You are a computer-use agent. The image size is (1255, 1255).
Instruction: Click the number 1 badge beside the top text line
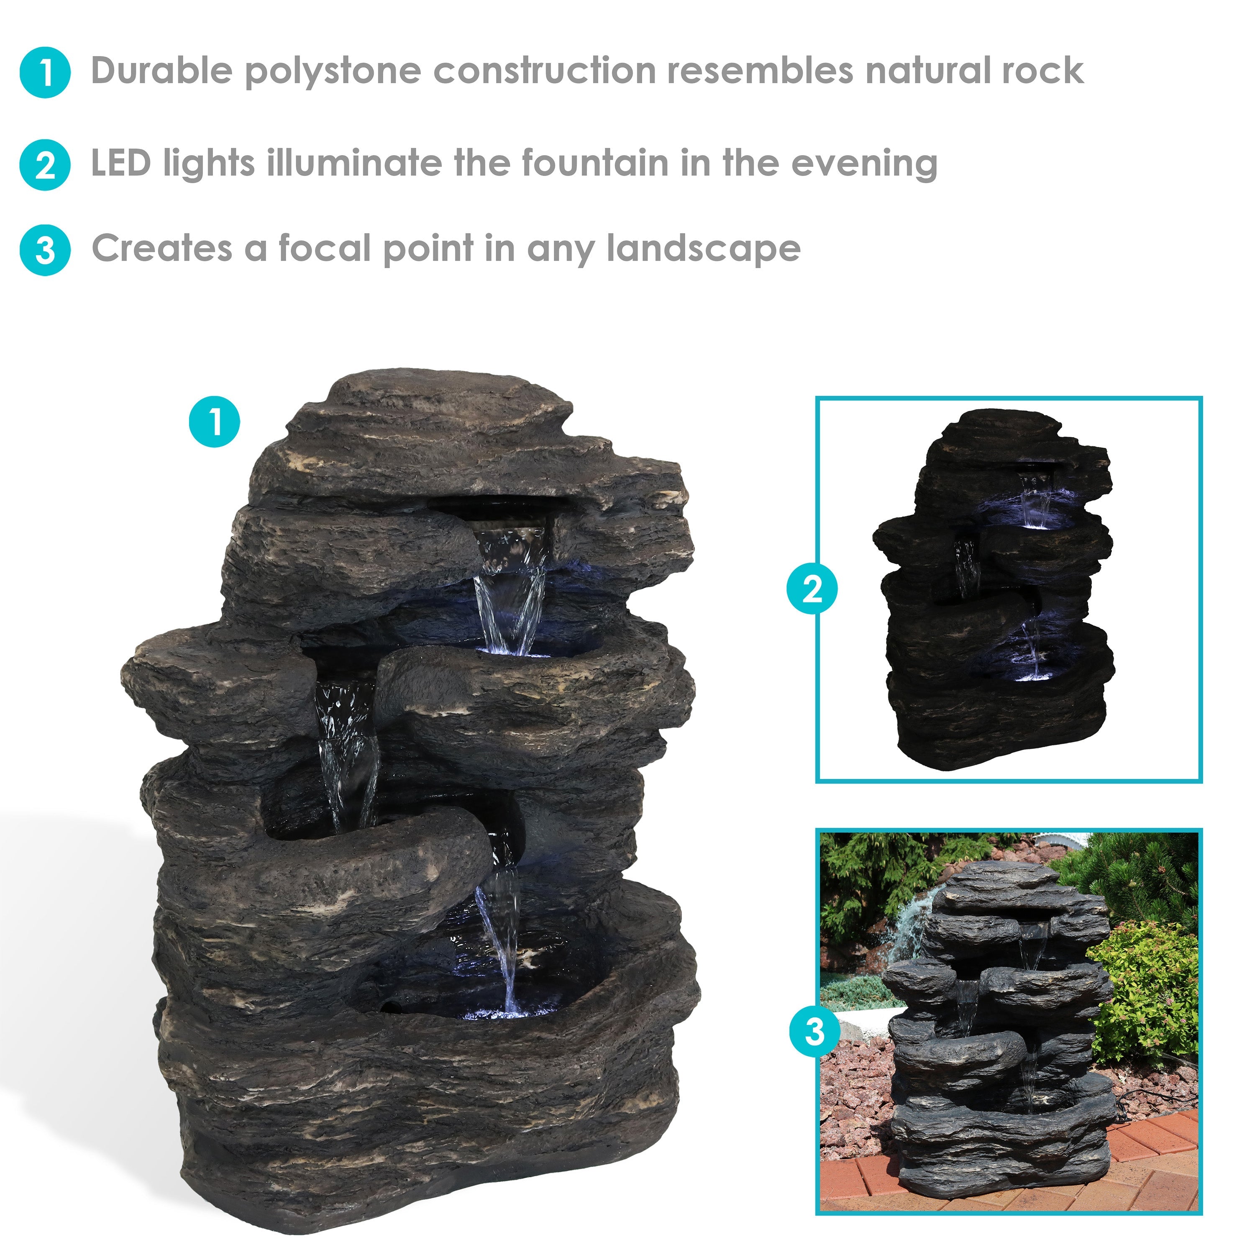pos(45,72)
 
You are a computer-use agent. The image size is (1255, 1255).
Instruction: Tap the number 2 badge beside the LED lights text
pos(45,165)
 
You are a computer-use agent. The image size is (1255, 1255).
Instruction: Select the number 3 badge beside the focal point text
pos(45,250)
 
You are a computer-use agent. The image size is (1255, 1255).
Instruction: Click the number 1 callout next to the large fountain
pos(214,422)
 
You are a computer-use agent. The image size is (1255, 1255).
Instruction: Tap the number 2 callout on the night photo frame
pos(812,589)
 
